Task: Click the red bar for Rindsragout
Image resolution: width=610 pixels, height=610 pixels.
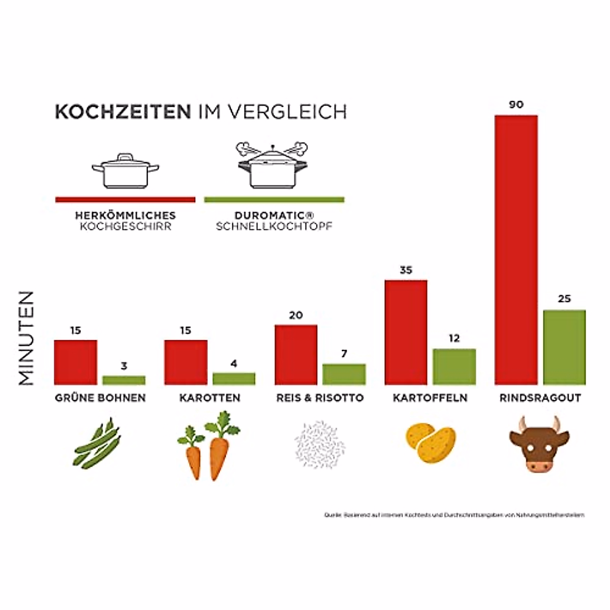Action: pos(516,249)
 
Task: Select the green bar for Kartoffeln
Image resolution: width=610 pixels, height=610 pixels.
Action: pos(454,366)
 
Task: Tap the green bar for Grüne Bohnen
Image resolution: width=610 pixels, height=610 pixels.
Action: pos(124,380)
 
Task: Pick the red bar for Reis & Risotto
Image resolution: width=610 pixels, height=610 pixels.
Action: pos(296,354)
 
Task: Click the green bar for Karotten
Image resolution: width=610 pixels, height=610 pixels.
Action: pos(234,378)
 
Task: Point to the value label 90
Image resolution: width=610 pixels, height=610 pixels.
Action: pos(516,105)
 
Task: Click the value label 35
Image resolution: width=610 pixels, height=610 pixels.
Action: pos(406,270)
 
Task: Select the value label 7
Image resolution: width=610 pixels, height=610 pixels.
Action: pos(344,353)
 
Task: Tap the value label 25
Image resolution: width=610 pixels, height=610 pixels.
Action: pos(564,299)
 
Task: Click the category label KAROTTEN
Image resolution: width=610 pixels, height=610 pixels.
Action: pos(209,398)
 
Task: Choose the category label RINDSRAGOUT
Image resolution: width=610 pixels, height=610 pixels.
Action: pos(540,398)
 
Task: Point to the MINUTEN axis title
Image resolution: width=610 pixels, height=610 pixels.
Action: pos(26,338)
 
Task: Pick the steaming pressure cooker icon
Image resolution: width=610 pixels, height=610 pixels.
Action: pos(273,165)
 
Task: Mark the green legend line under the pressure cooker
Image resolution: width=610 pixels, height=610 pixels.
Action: pos(274,200)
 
